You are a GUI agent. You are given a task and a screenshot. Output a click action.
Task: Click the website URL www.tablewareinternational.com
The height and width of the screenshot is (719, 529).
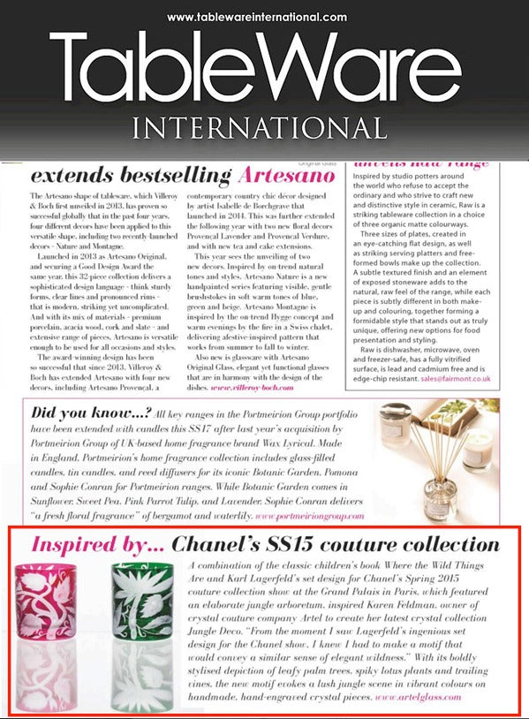pos(256,17)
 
